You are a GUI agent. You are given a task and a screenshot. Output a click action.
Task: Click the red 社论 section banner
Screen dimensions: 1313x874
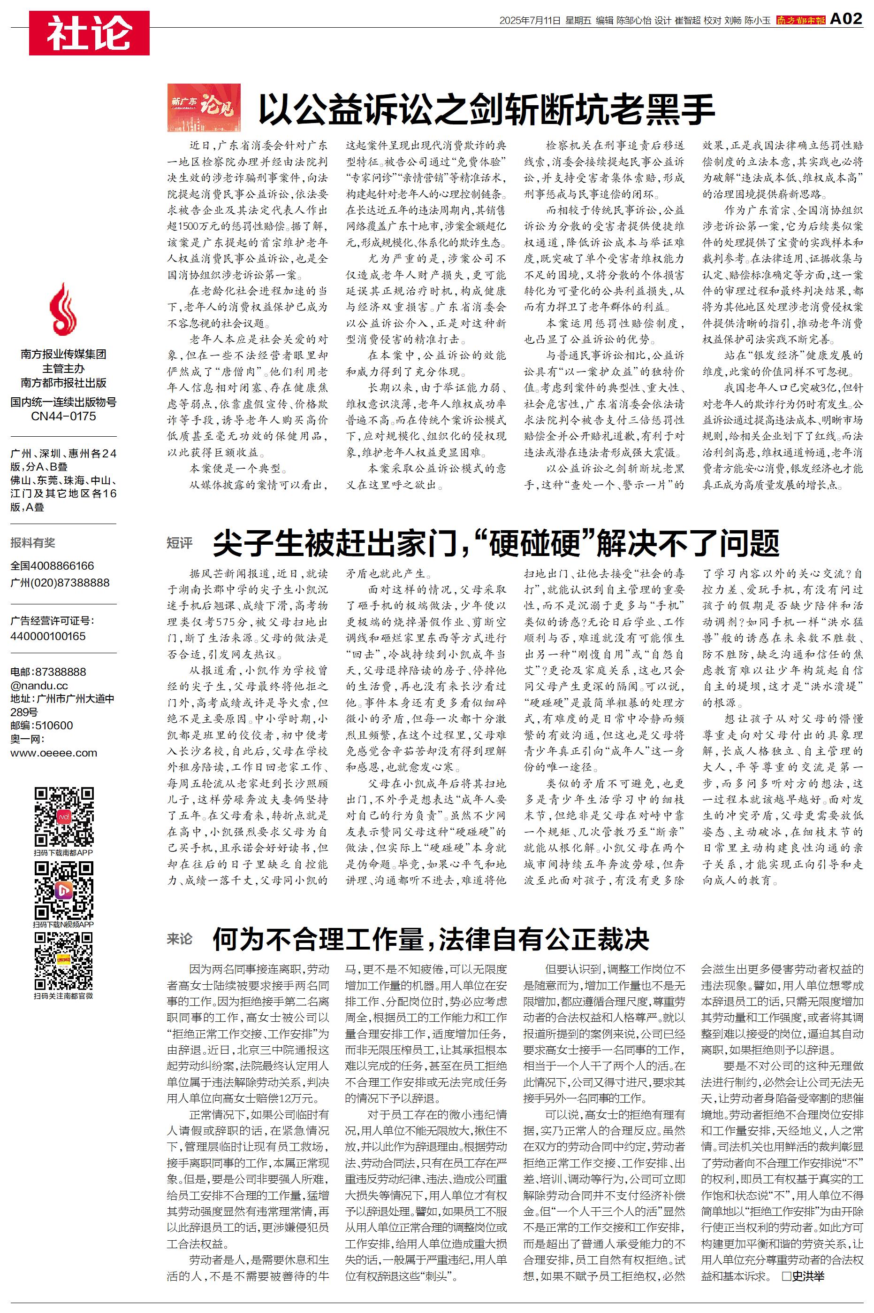[x=89, y=33]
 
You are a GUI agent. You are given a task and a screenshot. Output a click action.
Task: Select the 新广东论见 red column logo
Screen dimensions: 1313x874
[x=204, y=108]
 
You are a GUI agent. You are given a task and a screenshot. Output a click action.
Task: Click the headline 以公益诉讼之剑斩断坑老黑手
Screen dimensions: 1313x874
[x=486, y=109]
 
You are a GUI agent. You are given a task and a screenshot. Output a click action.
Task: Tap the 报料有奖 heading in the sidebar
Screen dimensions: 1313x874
[x=33, y=543]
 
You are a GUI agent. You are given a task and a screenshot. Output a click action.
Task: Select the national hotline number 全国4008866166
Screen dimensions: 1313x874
[x=53, y=565]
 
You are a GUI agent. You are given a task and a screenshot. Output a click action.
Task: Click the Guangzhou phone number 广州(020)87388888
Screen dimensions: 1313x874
[x=60, y=583]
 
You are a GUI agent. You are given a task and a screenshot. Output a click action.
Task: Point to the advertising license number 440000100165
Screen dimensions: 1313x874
[x=48, y=636]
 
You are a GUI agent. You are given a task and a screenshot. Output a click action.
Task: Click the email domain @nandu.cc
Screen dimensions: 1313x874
[x=39, y=686]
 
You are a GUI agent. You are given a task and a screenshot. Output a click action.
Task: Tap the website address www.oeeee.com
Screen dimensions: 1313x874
[x=53, y=753]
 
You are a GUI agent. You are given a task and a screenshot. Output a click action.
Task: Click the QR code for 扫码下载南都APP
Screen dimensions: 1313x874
[x=63, y=817]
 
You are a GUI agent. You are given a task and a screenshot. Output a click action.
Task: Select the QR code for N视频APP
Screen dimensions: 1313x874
[x=63, y=891]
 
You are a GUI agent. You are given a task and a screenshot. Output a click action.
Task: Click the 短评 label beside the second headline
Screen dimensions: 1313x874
[x=180, y=543]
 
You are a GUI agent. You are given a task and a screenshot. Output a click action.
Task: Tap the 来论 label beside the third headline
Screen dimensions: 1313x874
[x=180, y=939]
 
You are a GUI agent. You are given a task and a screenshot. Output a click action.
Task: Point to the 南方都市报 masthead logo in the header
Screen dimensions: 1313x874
[x=800, y=21]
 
